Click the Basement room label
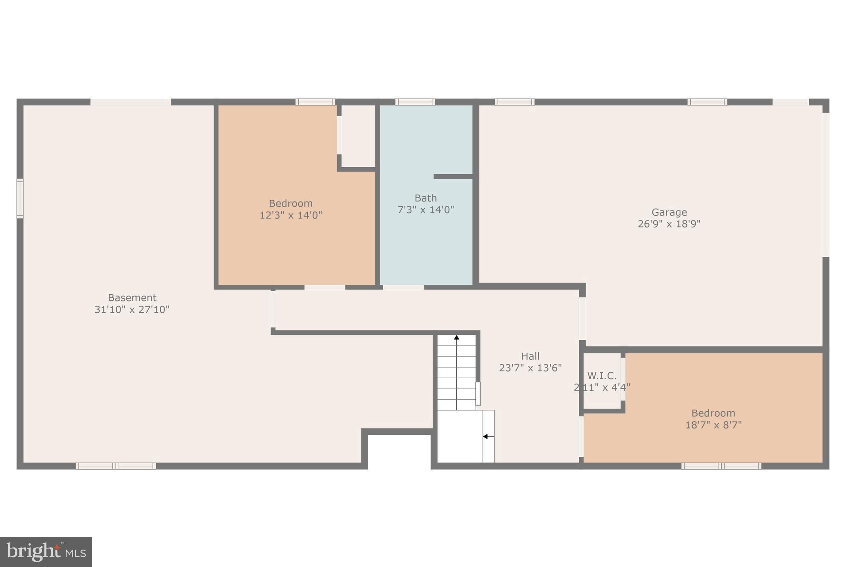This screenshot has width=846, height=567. [x=132, y=298]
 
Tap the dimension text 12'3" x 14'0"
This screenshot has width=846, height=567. [x=290, y=215]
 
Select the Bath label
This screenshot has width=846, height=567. [x=425, y=198]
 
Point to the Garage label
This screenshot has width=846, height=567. [x=669, y=212]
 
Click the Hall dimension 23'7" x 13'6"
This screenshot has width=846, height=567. [x=530, y=368]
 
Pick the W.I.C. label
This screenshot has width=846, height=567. [x=602, y=376]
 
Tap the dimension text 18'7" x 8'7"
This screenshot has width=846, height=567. [x=713, y=425]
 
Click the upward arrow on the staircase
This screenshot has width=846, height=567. [x=456, y=338]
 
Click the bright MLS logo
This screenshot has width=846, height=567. [x=46, y=552]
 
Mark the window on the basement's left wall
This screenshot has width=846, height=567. [x=20, y=198]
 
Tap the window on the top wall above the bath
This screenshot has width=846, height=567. [x=415, y=102]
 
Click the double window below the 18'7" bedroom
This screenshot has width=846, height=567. [x=721, y=466]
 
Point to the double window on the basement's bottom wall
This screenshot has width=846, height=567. [x=116, y=466]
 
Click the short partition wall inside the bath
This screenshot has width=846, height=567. [x=453, y=177]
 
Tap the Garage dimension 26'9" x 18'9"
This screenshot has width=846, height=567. [x=669, y=224]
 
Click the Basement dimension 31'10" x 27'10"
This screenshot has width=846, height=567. [x=132, y=309]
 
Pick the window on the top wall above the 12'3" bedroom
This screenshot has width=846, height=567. [x=315, y=102]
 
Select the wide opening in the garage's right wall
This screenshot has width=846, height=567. [x=826, y=185]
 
